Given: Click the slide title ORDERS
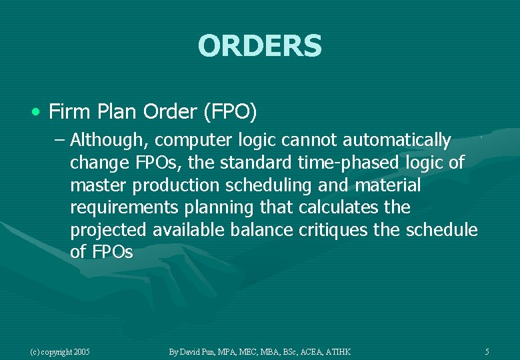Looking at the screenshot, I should point(259,46).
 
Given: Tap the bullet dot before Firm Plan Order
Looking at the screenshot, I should point(39,111).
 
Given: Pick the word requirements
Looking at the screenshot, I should point(124,207).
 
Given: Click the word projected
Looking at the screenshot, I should point(108,230).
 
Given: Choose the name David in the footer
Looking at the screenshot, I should point(194,351).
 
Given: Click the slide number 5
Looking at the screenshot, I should point(487,351).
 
